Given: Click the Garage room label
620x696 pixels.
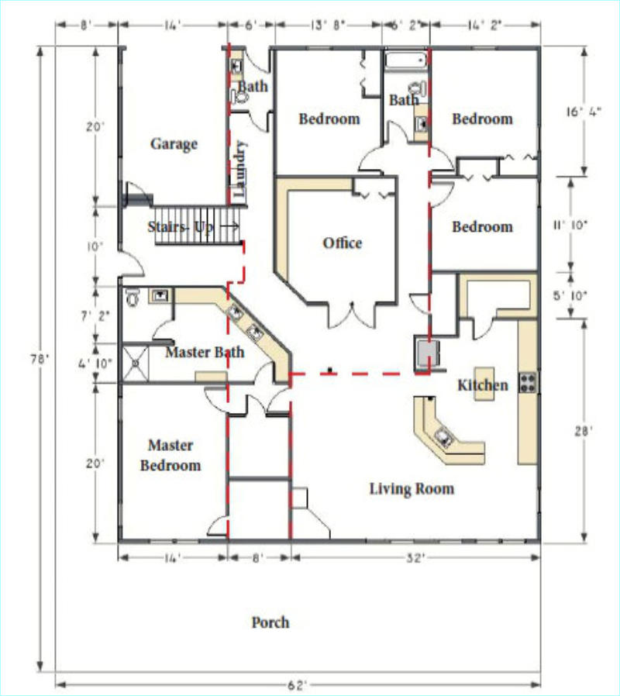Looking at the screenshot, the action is pyautogui.click(x=174, y=144).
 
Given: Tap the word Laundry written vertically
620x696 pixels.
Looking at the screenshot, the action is pyautogui.click(x=239, y=169).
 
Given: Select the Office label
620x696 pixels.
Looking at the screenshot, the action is pyautogui.click(x=343, y=243).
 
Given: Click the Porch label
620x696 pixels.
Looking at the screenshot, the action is pyautogui.click(x=270, y=622).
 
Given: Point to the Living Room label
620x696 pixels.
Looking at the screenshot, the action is pyautogui.click(x=412, y=489).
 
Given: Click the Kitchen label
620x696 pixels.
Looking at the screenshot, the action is pyautogui.click(x=483, y=385).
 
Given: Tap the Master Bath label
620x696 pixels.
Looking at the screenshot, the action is pyautogui.click(x=205, y=353).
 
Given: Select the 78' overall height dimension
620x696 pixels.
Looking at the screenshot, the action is pyautogui.click(x=39, y=359).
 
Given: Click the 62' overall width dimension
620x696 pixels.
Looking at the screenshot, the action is pyautogui.click(x=297, y=685).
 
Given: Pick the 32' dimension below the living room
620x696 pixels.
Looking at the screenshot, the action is pyautogui.click(x=415, y=558).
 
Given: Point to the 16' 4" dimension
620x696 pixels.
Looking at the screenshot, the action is pyautogui.click(x=584, y=112).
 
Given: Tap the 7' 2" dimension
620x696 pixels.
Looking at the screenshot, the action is pyautogui.click(x=95, y=316).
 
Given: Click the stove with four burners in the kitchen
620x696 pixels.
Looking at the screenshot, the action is pyautogui.click(x=528, y=383).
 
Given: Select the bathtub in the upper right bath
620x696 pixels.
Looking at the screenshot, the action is pyautogui.click(x=406, y=60).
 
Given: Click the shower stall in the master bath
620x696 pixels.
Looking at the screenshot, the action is pyautogui.click(x=136, y=364).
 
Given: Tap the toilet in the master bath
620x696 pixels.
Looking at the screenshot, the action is pyautogui.click(x=133, y=298).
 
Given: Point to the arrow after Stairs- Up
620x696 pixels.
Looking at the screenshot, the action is pyautogui.click(x=230, y=226).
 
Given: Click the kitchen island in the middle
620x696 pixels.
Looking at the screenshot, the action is pyautogui.click(x=484, y=384).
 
